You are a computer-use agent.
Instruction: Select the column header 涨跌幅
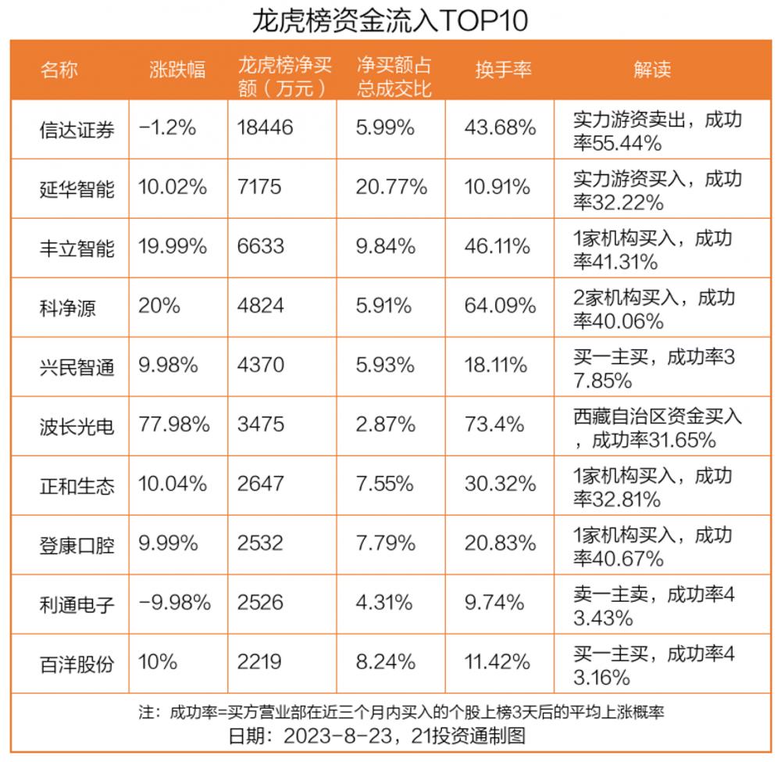click(177, 70)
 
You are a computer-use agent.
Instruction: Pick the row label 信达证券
click(77, 129)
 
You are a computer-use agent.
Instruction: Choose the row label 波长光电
click(77, 426)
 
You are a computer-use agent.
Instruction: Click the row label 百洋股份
click(77, 664)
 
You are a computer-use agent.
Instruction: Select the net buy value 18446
click(266, 127)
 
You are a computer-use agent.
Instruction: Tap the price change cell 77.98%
click(174, 424)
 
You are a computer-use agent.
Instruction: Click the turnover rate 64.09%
click(500, 306)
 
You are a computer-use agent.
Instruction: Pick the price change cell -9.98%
click(174, 603)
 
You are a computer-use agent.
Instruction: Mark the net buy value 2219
click(259, 663)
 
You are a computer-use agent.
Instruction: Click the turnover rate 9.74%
click(494, 603)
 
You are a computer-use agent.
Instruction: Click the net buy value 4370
click(260, 365)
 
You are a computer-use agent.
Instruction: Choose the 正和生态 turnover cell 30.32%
click(500, 484)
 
